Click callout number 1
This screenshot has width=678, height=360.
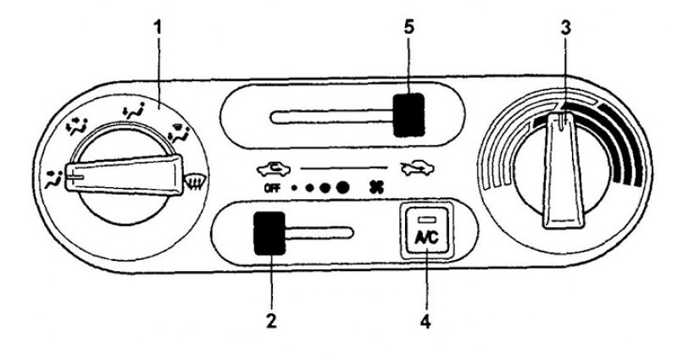coord(158,29)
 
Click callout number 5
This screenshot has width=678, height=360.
coord(408,28)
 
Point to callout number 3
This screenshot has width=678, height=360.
coord(565,29)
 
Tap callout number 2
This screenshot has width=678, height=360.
coord(271,321)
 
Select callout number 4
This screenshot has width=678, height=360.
coord(425,321)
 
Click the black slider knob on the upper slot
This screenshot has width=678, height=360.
coord(408,115)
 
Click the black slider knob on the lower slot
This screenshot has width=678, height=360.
coord(270,234)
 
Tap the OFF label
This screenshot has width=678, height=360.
coord(271,188)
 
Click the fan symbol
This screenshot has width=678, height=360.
coord(375,187)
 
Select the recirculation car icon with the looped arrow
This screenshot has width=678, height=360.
coord(274,169)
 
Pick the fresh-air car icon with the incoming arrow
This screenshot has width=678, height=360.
coord(418,169)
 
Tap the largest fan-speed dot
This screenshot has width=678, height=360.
coord(342,187)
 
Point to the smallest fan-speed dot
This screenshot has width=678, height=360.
coord(294,188)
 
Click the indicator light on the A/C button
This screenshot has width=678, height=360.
coord(426,220)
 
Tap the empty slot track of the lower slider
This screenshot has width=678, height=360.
coord(320,232)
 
